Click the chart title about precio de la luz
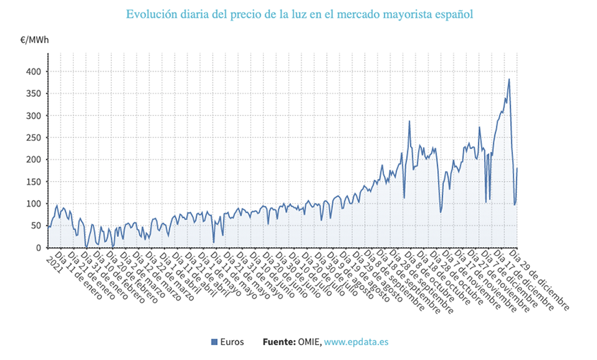click(298, 14)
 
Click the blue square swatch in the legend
click(214, 342)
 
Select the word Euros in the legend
click(232, 342)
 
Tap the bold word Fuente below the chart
click(278, 342)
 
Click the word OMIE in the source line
click(309, 342)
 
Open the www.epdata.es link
click(357, 342)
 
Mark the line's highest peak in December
click(509, 79)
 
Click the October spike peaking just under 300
click(410, 121)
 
